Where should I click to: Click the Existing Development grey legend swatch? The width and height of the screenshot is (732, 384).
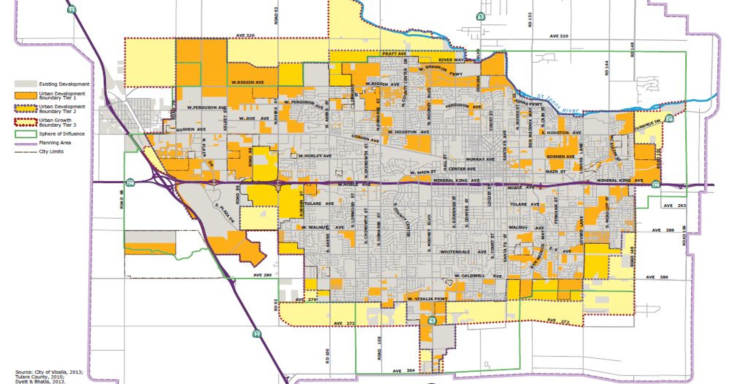[x=26, y=84]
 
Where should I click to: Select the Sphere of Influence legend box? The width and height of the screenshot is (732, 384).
[x=26, y=134]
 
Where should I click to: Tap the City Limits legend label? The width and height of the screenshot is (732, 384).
[x=51, y=152]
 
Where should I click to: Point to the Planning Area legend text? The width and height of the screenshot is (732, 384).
[x=55, y=143]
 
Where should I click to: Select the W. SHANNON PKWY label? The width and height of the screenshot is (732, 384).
[x=440, y=71]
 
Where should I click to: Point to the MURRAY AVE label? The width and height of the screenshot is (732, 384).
[x=480, y=159]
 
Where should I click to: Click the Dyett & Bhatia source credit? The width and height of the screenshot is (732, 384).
[x=40, y=381]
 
